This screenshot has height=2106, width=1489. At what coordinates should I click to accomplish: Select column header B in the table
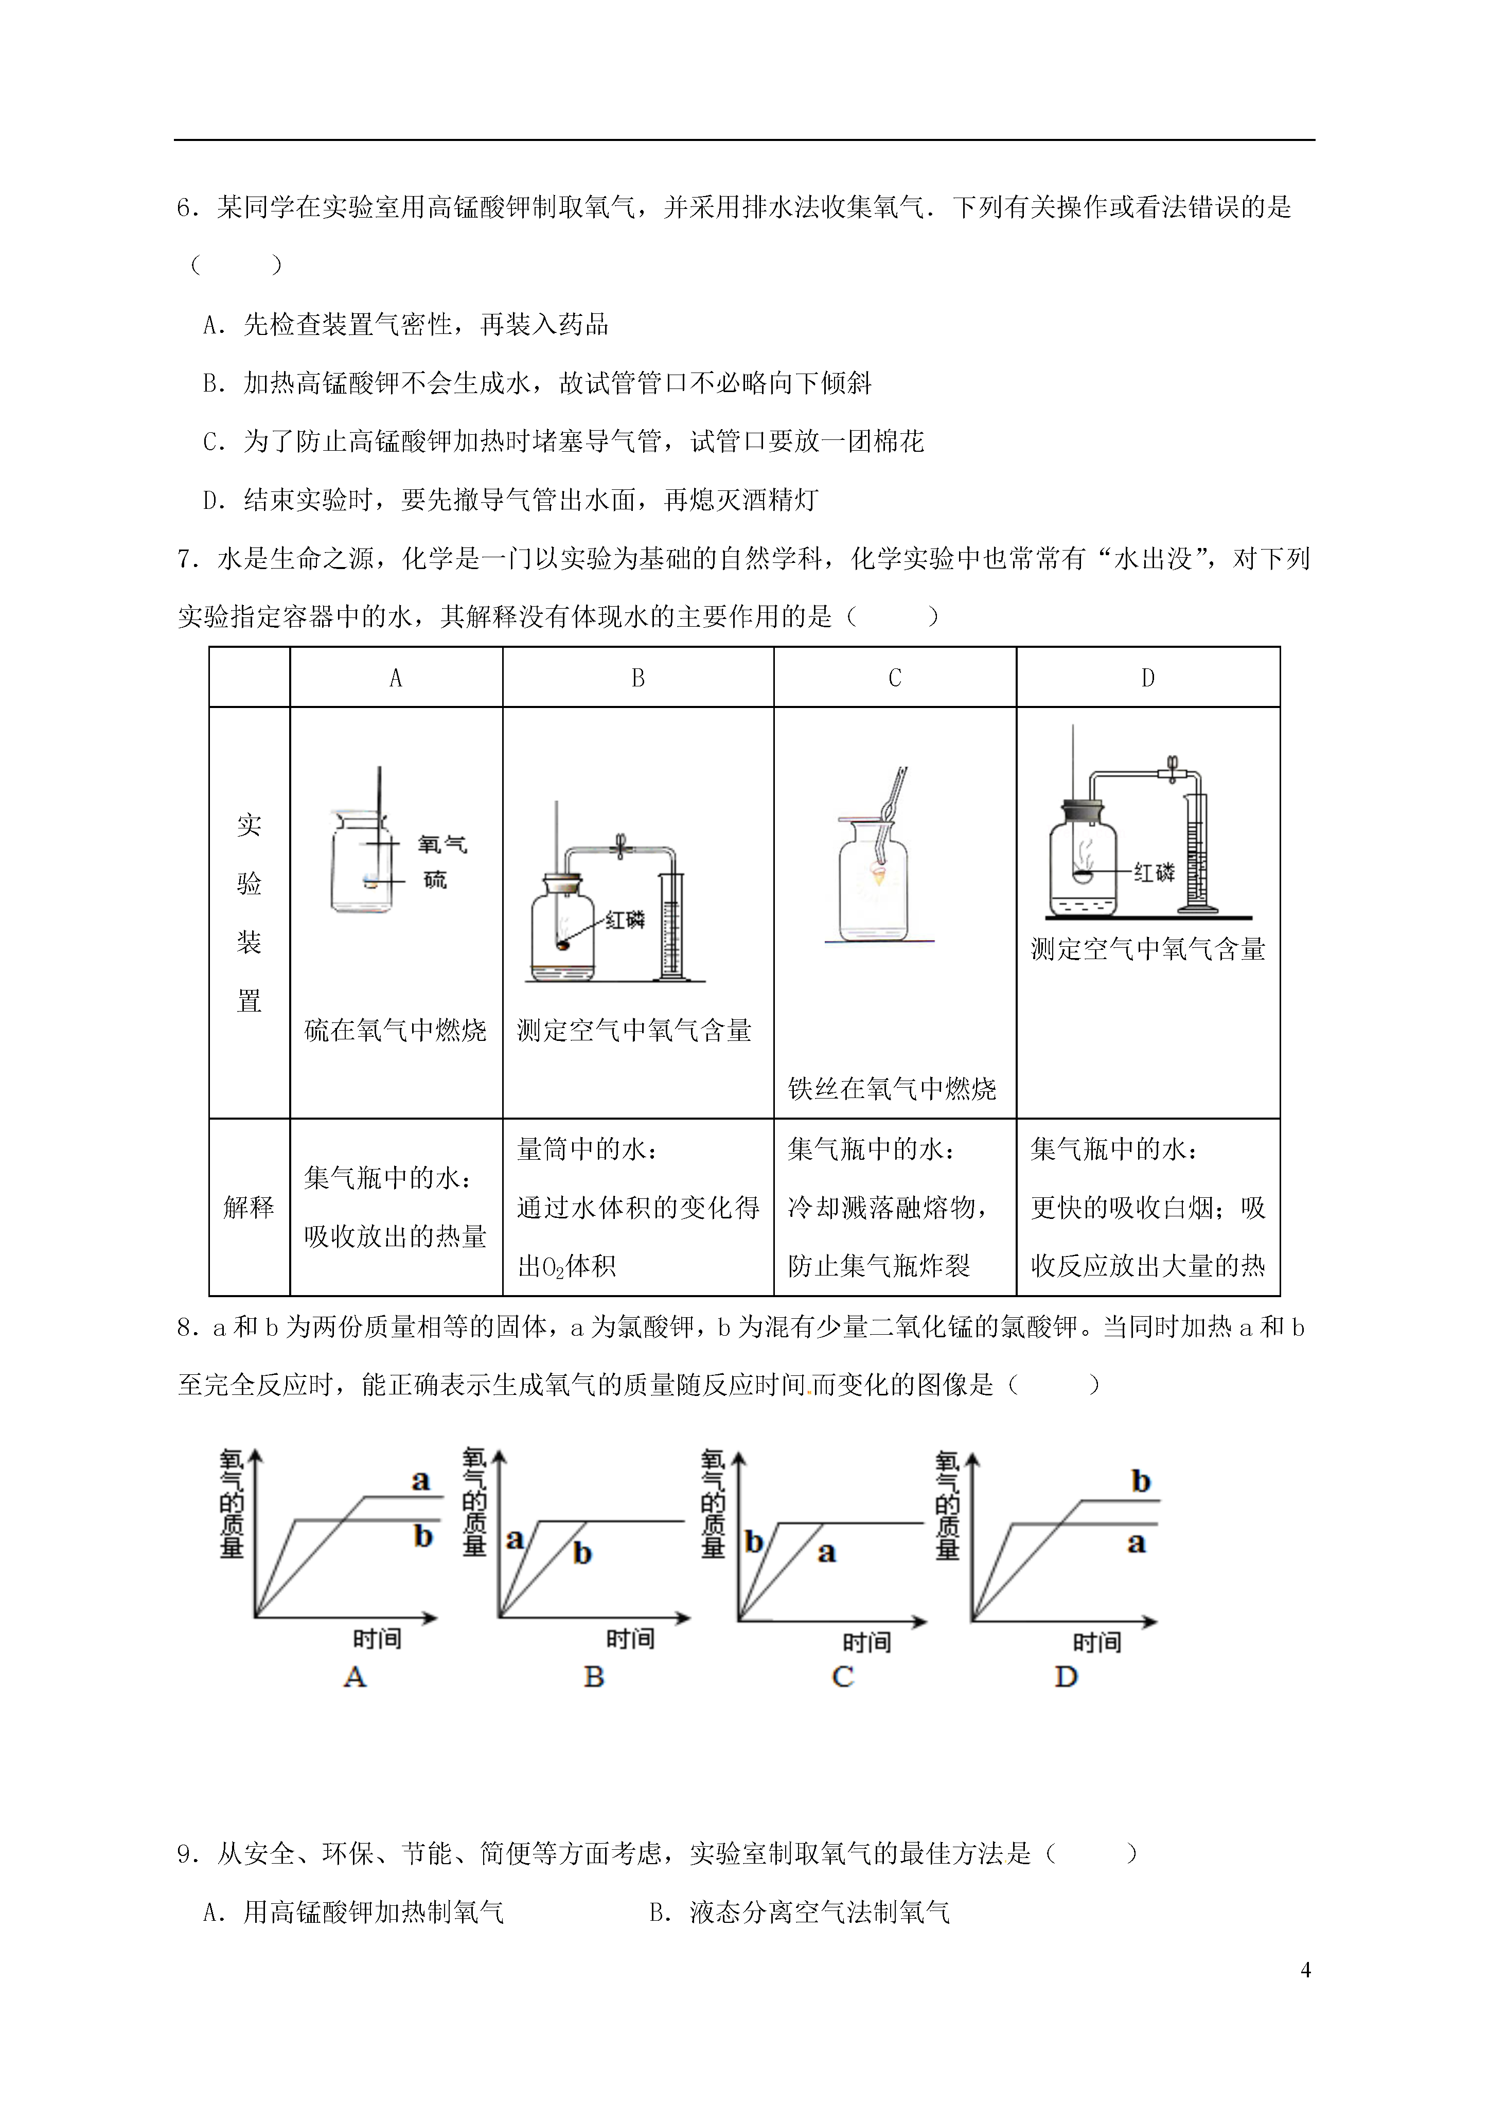(637, 678)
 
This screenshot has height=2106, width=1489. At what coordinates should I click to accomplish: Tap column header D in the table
(1148, 678)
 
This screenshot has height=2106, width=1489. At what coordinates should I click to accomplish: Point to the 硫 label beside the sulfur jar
(435, 880)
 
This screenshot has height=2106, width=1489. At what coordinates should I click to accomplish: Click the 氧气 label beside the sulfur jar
(442, 844)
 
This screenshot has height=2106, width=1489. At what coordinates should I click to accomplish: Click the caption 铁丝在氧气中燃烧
(892, 1089)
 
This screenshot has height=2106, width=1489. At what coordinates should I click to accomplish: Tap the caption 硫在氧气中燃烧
(396, 1030)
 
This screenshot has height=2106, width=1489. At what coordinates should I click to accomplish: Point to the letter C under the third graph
(842, 1677)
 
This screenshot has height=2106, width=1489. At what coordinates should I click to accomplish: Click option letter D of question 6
(212, 501)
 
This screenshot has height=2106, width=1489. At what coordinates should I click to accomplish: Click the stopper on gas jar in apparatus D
(1084, 812)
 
